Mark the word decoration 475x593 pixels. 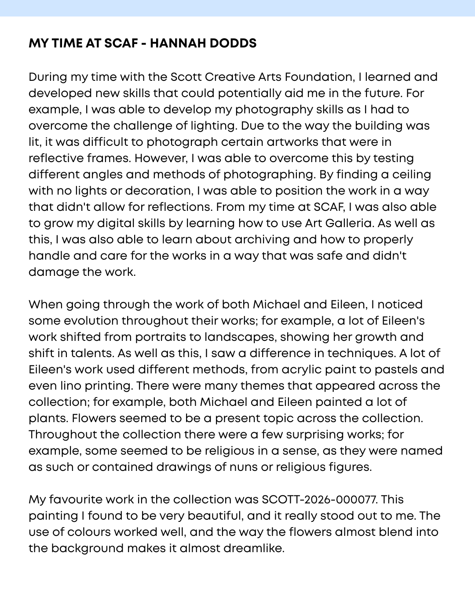[x=158, y=191]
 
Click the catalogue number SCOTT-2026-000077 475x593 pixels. [x=319, y=499]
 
